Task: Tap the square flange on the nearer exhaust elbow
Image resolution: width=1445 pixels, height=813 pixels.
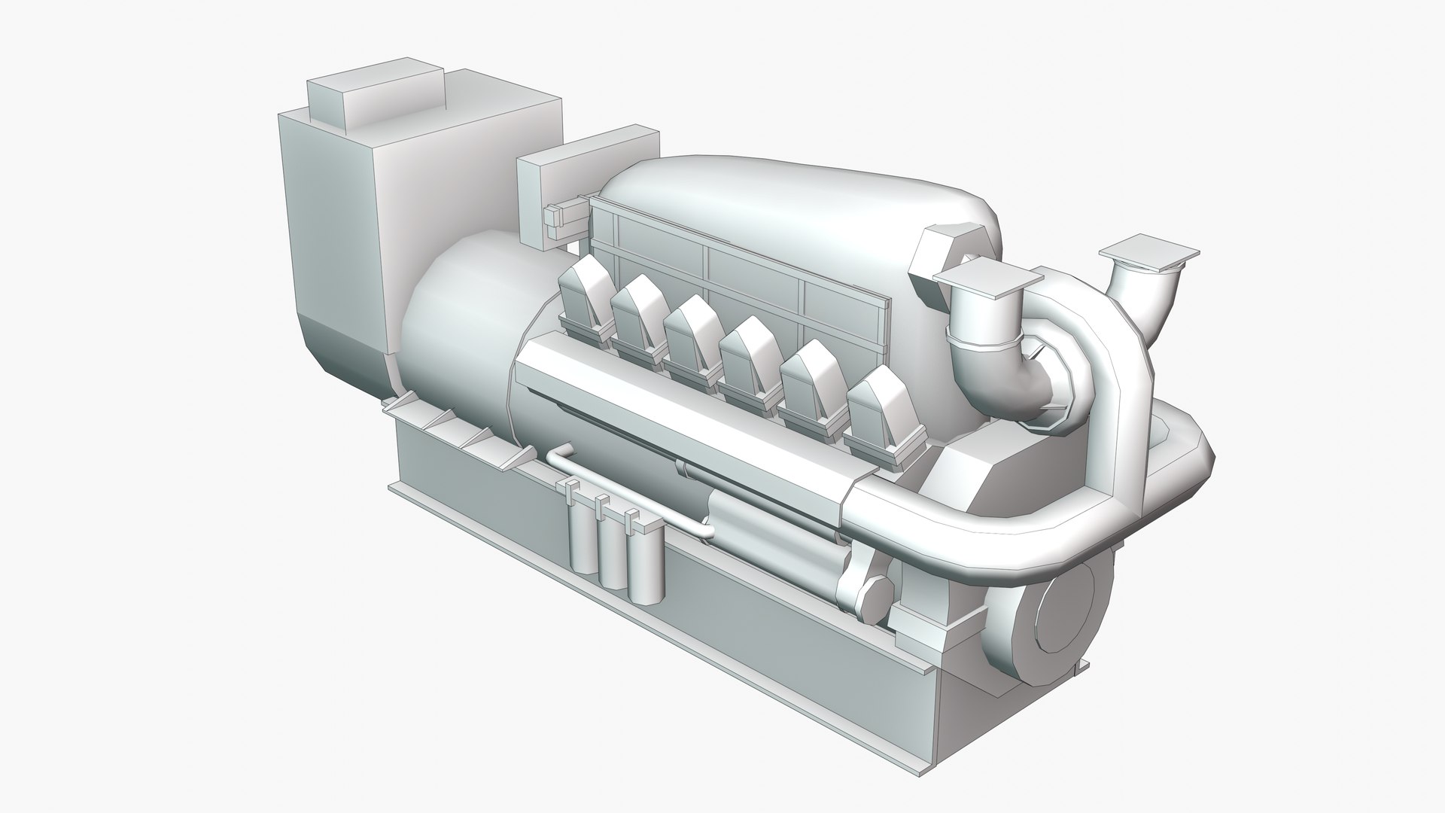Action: click(985, 279)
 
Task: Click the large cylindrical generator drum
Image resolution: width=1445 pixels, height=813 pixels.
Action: click(459, 339)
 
